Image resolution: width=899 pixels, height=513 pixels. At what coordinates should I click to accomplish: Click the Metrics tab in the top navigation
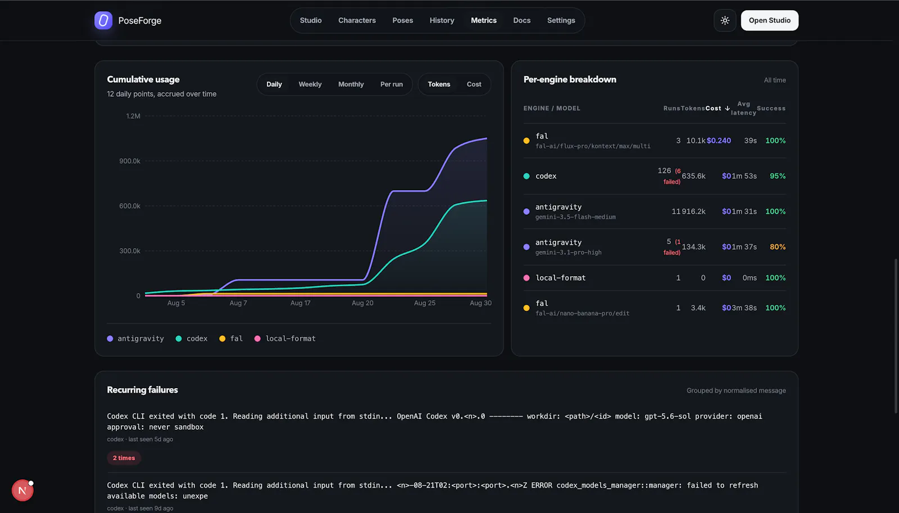click(x=484, y=20)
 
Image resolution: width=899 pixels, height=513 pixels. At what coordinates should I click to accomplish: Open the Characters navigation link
click(x=357, y=20)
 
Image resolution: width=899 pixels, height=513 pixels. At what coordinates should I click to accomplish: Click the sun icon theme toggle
click(x=725, y=20)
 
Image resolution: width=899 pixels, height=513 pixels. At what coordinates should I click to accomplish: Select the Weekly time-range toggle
click(x=310, y=84)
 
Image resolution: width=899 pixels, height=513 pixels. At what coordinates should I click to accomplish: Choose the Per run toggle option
click(x=391, y=84)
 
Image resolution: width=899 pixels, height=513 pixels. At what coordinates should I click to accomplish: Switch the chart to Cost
click(x=474, y=84)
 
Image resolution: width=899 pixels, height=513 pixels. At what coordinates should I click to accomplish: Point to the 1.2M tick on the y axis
click(x=133, y=116)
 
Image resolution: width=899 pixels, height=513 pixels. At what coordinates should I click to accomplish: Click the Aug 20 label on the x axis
click(x=362, y=303)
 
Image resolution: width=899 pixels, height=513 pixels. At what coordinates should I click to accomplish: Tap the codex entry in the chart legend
click(x=192, y=339)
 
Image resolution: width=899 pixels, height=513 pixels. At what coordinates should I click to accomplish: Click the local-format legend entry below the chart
click(x=285, y=339)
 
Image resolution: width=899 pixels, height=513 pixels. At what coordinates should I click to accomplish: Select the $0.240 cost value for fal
click(x=719, y=141)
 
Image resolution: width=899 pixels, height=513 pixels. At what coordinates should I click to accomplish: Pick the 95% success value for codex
click(x=778, y=176)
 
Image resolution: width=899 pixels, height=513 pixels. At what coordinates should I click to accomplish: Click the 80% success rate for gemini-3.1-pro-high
click(x=778, y=247)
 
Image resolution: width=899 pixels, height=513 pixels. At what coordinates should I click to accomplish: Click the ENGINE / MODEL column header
click(x=552, y=108)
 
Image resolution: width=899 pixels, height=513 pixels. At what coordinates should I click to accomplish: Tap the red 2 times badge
click(x=124, y=458)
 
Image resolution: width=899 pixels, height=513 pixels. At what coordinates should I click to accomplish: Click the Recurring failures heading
click(x=143, y=390)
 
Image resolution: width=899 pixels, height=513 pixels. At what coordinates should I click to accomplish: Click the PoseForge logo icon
click(x=103, y=20)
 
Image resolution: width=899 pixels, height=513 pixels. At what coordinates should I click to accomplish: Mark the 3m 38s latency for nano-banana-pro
click(x=744, y=308)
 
